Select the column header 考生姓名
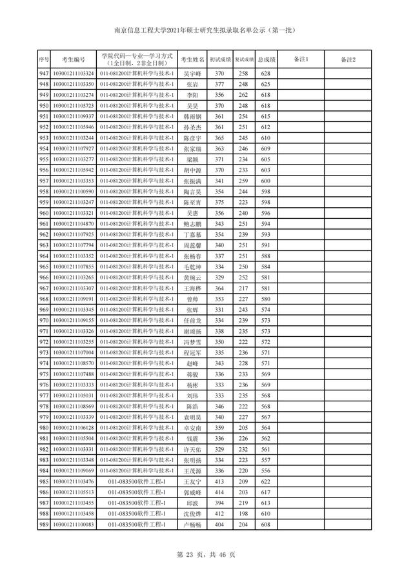tap(192, 59)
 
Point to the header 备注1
tap(301, 59)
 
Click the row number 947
tap(44, 74)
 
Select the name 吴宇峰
tap(192, 74)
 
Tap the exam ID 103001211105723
tap(73, 105)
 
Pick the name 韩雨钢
tap(192, 116)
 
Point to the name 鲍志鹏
tap(192, 223)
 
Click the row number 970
tap(44, 320)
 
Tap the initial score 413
tap(219, 481)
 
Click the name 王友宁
tap(192, 481)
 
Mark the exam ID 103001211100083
tap(73, 525)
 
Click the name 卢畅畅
tap(192, 525)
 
